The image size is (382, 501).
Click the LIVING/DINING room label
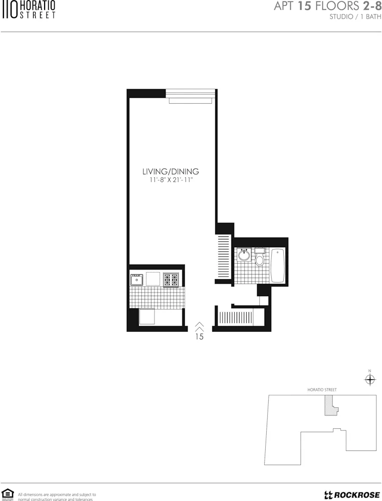pyautogui.click(x=170, y=171)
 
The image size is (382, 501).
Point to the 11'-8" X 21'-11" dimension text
pyautogui.click(x=171, y=180)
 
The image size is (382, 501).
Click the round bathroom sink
pyautogui.click(x=244, y=256)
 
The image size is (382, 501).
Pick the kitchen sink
pyautogui.click(x=136, y=279)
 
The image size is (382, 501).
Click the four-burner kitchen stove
pyautogui.click(x=171, y=279)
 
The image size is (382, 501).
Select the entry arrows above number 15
pyautogui.click(x=199, y=327)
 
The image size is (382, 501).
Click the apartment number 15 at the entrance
pyautogui.click(x=199, y=337)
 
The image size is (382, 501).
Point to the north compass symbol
pyautogui.click(x=370, y=380)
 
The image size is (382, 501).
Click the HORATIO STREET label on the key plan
pyautogui.click(x=322, y=390)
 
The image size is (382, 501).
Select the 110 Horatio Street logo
pyautogui.click(x=28, y=10)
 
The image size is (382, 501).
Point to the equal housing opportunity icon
pyautogui.click(x=7, y=494)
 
